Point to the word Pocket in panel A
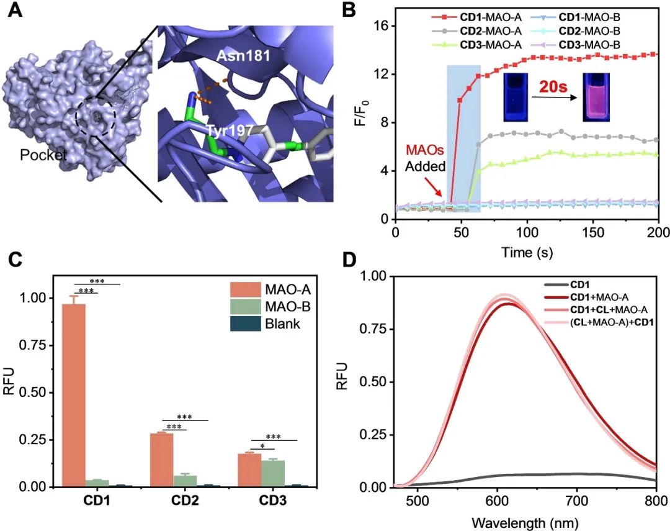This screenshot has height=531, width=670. coord(43,155)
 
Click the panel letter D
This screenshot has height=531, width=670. coord(350,258)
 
